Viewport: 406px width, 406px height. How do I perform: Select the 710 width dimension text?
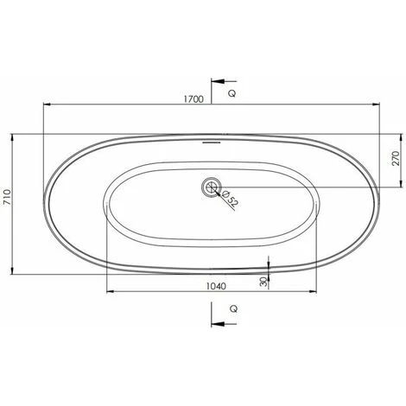[x=9, y=204]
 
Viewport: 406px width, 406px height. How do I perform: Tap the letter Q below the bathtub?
[x=232, y=309]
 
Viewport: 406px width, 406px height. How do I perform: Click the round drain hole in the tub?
[x=210, y=187]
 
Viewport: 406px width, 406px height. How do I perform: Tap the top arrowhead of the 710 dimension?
[x=16, y=136]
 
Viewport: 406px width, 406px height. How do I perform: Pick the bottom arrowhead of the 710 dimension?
[x=16, y=271]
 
